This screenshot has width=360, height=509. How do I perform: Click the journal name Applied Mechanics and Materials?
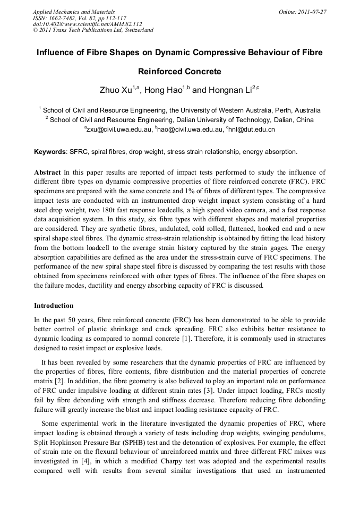pos(73,12)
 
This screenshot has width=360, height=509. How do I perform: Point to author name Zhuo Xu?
pos(116,90)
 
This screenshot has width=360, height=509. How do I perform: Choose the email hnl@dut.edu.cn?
pos(252,129)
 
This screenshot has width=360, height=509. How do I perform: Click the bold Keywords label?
pos(50,152)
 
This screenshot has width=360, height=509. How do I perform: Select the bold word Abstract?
pos(47,172)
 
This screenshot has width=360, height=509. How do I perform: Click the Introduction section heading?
pos(54,306)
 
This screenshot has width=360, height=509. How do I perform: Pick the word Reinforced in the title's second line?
pos(160,71)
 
